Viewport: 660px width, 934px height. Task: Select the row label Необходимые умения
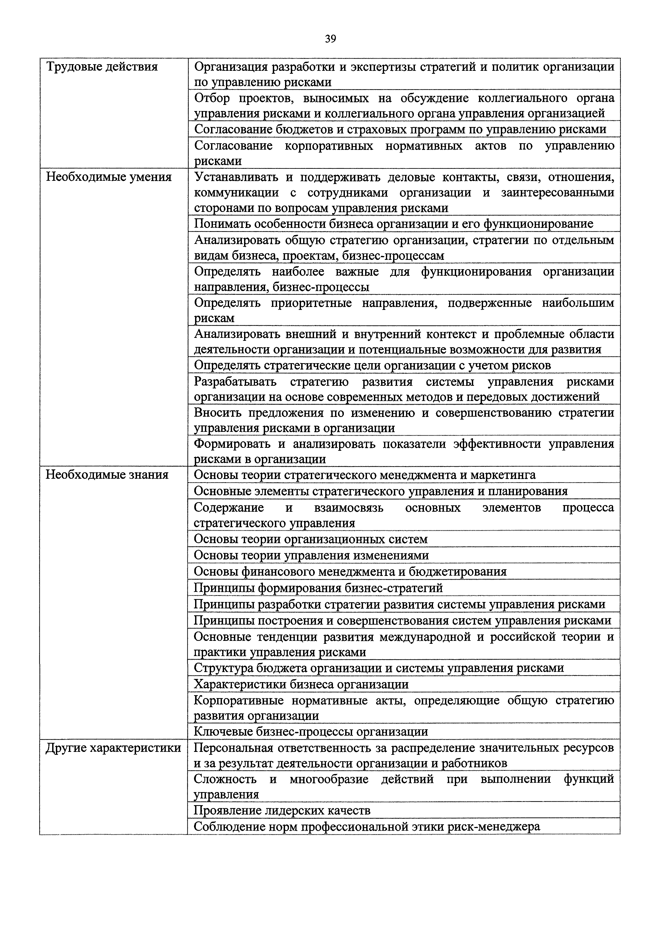[109, 177]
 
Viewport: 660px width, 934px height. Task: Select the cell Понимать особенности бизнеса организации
[393, 224]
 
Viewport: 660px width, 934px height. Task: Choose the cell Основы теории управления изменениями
[311, 556]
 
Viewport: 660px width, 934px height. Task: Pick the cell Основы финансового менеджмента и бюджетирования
[350, 572]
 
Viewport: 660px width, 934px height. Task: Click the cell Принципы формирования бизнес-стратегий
[318, 588]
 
